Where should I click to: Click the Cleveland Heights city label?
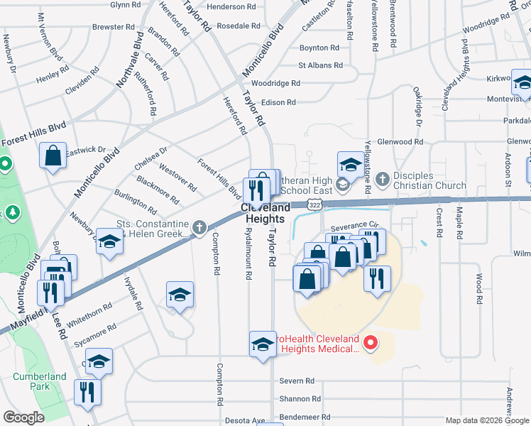266,214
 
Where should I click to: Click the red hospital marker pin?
370,344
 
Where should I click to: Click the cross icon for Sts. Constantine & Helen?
200,228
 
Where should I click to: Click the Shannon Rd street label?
300,399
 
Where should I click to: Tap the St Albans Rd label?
320,65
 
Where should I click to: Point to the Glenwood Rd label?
399,142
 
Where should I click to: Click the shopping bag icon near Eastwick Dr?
54,156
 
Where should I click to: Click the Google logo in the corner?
23,417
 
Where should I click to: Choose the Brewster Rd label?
114,27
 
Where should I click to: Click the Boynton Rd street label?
319,48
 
